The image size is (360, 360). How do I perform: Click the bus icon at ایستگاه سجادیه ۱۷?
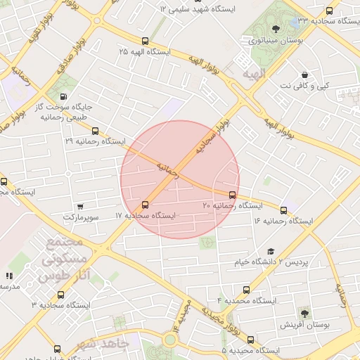click(146, 205)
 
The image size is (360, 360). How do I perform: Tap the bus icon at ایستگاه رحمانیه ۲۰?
click(233, 195)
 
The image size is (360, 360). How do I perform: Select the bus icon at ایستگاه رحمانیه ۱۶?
click(284, 210)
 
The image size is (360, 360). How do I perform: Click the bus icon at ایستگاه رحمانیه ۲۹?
click(96, 131)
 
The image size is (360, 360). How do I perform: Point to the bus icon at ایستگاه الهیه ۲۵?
click(146, 41)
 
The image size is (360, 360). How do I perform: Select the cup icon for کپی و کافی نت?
click(304, 75)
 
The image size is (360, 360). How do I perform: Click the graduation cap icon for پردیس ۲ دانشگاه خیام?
click(271, 252)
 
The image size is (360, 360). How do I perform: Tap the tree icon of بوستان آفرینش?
click(304, 313)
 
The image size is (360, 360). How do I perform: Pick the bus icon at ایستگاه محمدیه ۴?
click(246, 290)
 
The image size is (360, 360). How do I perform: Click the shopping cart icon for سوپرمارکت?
click(80, 207)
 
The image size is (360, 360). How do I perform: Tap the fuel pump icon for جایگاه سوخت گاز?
click(64, 97)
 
